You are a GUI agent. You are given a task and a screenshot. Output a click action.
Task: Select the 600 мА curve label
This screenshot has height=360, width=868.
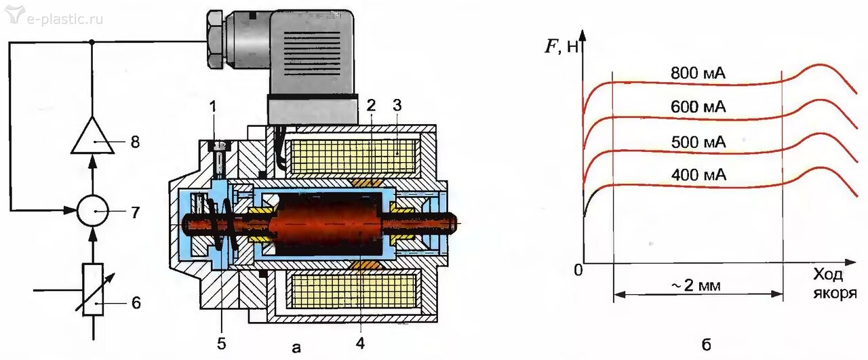(x=698, y=107)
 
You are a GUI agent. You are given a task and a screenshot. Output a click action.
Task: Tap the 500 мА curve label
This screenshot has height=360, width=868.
(x=698, y=142)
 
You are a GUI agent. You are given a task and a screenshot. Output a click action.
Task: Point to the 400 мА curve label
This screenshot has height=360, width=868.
(x=698, y=176)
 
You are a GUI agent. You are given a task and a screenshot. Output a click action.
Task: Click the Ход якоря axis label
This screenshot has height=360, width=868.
(x=835, y=284)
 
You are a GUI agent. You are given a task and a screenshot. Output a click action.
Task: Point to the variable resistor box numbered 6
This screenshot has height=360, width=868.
(x=92, y=289)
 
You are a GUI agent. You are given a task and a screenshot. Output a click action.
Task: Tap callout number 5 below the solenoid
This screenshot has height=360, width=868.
(x=221, y=343)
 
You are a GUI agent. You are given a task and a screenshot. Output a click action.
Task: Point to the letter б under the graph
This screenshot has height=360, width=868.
(x=706, y=346)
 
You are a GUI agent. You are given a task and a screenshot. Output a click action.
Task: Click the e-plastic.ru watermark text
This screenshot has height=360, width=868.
(x=64, y=18)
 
